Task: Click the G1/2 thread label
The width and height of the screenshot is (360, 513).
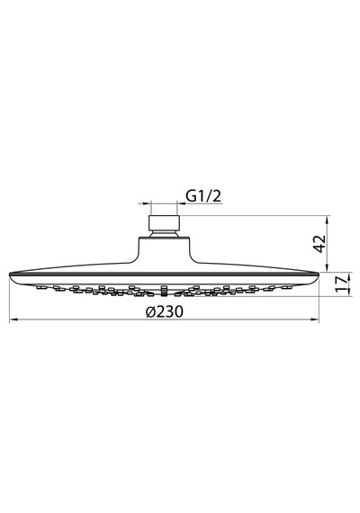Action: point(203,195)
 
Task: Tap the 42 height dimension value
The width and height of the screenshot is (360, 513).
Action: point(319,243)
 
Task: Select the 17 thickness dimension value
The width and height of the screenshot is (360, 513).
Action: point(341,283)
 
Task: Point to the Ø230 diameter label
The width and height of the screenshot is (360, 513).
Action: point(165,311)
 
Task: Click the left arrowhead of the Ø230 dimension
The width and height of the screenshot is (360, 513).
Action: point(13,319)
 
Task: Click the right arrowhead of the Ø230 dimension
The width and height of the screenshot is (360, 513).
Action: point(315,319)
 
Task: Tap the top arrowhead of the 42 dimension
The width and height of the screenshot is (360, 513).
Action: point(328,219)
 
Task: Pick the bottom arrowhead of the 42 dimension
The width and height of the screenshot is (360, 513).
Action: point(328,268)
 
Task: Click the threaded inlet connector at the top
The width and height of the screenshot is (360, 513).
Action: point(164,223)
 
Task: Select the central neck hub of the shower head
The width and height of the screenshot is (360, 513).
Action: point(164,250)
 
